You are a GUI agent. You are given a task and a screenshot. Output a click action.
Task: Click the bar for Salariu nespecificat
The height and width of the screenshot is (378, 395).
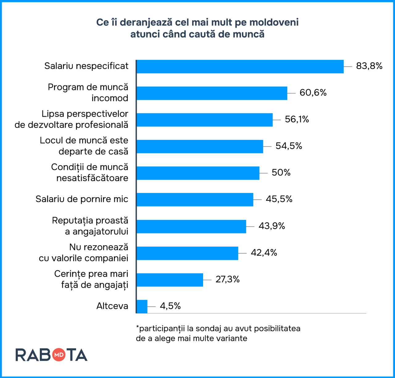pos(240,66)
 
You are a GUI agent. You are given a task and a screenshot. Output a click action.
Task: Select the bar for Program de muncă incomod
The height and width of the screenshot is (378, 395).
pos(212,93)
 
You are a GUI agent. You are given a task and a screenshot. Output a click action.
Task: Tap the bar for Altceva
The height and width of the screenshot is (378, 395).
pos(142,306)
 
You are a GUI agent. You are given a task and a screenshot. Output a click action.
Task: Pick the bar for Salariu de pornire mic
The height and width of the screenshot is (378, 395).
pos(195,200)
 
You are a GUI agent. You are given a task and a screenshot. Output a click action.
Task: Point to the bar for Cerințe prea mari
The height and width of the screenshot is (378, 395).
pos(170,280)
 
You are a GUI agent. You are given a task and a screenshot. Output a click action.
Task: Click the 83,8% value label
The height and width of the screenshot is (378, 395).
pos(369,66)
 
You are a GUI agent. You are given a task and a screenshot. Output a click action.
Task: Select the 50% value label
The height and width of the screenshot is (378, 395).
pos(281,172)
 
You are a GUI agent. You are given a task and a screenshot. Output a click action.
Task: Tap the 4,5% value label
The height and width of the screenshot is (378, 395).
pos(170,306)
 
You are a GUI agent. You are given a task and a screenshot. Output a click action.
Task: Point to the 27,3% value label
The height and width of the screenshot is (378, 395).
pos(227,280)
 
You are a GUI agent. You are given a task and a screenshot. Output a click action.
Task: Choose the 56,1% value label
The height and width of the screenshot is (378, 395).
pos(297,119)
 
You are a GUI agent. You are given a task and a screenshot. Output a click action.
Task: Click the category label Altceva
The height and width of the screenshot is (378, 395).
pos(112,306)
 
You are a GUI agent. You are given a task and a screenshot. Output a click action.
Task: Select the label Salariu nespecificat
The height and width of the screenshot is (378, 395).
pos(86,66)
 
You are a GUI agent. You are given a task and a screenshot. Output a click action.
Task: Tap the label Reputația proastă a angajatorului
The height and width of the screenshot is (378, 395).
pos(90,226)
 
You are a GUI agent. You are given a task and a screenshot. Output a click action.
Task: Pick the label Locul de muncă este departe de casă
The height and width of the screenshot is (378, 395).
pos(84,146)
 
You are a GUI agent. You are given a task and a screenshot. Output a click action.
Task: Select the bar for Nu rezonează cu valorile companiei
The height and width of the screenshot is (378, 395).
pos(187,253)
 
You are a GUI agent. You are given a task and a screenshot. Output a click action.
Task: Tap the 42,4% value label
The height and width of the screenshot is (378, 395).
pos(264,253)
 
